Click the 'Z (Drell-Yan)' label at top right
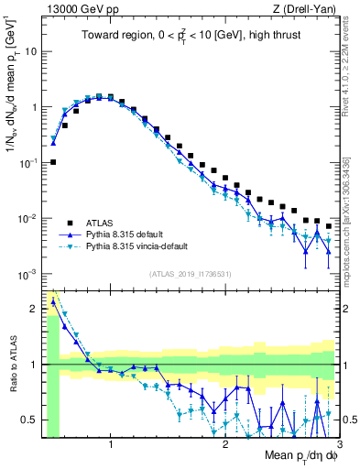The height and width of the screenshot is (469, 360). tap(304, 10)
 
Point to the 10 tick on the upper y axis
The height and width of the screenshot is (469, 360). tap(31, 51)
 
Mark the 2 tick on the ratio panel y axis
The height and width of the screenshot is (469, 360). tap(34, 309)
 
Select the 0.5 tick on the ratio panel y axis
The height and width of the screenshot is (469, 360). tap(30, 420)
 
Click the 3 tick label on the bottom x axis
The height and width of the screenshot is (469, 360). tap(339, 445)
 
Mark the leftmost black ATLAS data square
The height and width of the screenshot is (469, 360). tap(53, 162)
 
